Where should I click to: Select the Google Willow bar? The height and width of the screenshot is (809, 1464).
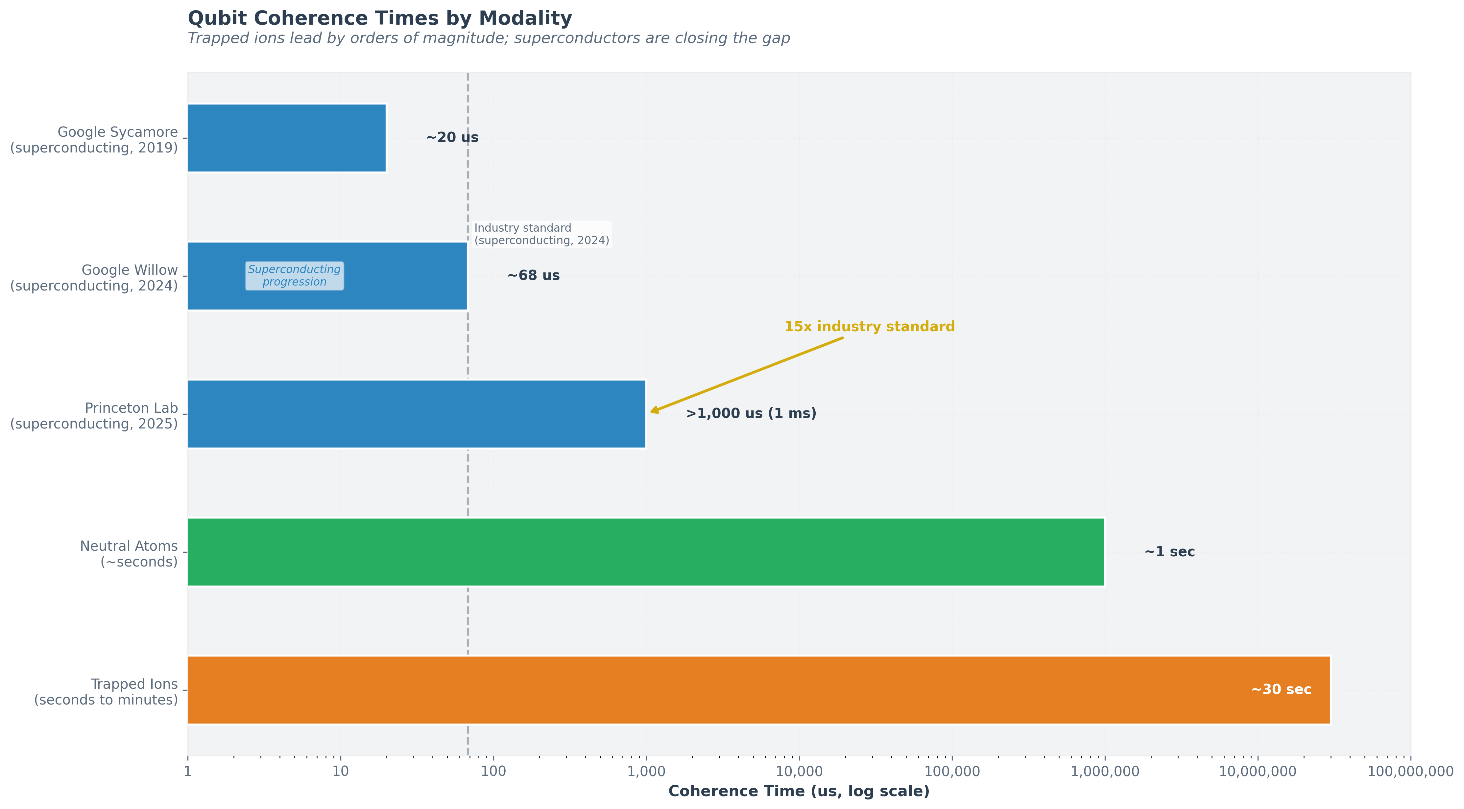398,276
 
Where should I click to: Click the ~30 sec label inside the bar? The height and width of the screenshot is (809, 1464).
1281,690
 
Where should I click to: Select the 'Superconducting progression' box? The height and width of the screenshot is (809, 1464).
294,276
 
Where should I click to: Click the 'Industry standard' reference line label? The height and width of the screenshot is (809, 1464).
541,234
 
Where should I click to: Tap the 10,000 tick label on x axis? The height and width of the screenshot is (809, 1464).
799,772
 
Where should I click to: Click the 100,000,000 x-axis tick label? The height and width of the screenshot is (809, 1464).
1410,772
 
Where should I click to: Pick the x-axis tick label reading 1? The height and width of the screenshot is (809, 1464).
187,772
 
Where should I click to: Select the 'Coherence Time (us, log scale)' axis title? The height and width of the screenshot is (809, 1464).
799,791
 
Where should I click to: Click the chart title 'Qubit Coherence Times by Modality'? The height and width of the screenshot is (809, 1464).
380,18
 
